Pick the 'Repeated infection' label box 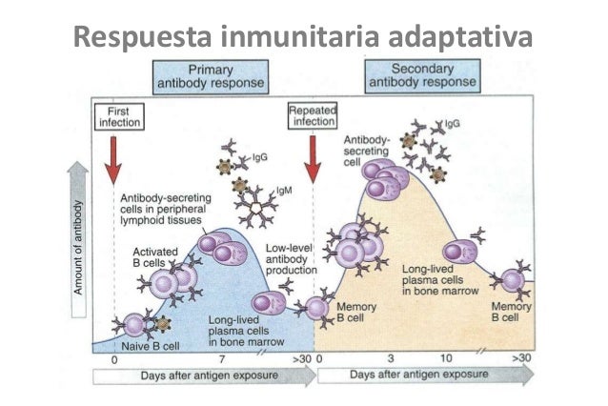point(312,117)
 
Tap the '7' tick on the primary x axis point(221,359)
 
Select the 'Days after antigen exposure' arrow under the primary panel point(204,376)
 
